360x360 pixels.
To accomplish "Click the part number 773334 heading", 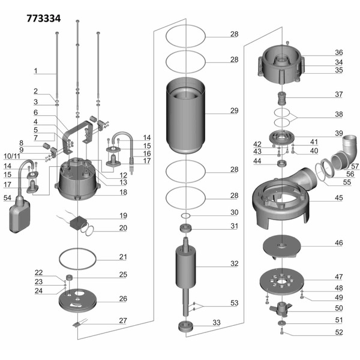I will coord(43,19).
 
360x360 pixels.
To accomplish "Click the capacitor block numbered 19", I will coord(77,223).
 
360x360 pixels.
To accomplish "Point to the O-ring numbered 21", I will coord(78,260).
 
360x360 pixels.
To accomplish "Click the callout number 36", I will coord(338,53).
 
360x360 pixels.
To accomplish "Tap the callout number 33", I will coord(216,323).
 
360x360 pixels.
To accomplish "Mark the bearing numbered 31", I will coord(186,229).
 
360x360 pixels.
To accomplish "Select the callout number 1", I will coord(35,71).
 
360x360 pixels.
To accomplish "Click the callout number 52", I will coord(338,332).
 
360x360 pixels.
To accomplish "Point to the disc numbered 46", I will coord(281,245).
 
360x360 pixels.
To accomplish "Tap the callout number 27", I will coord(122,320).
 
